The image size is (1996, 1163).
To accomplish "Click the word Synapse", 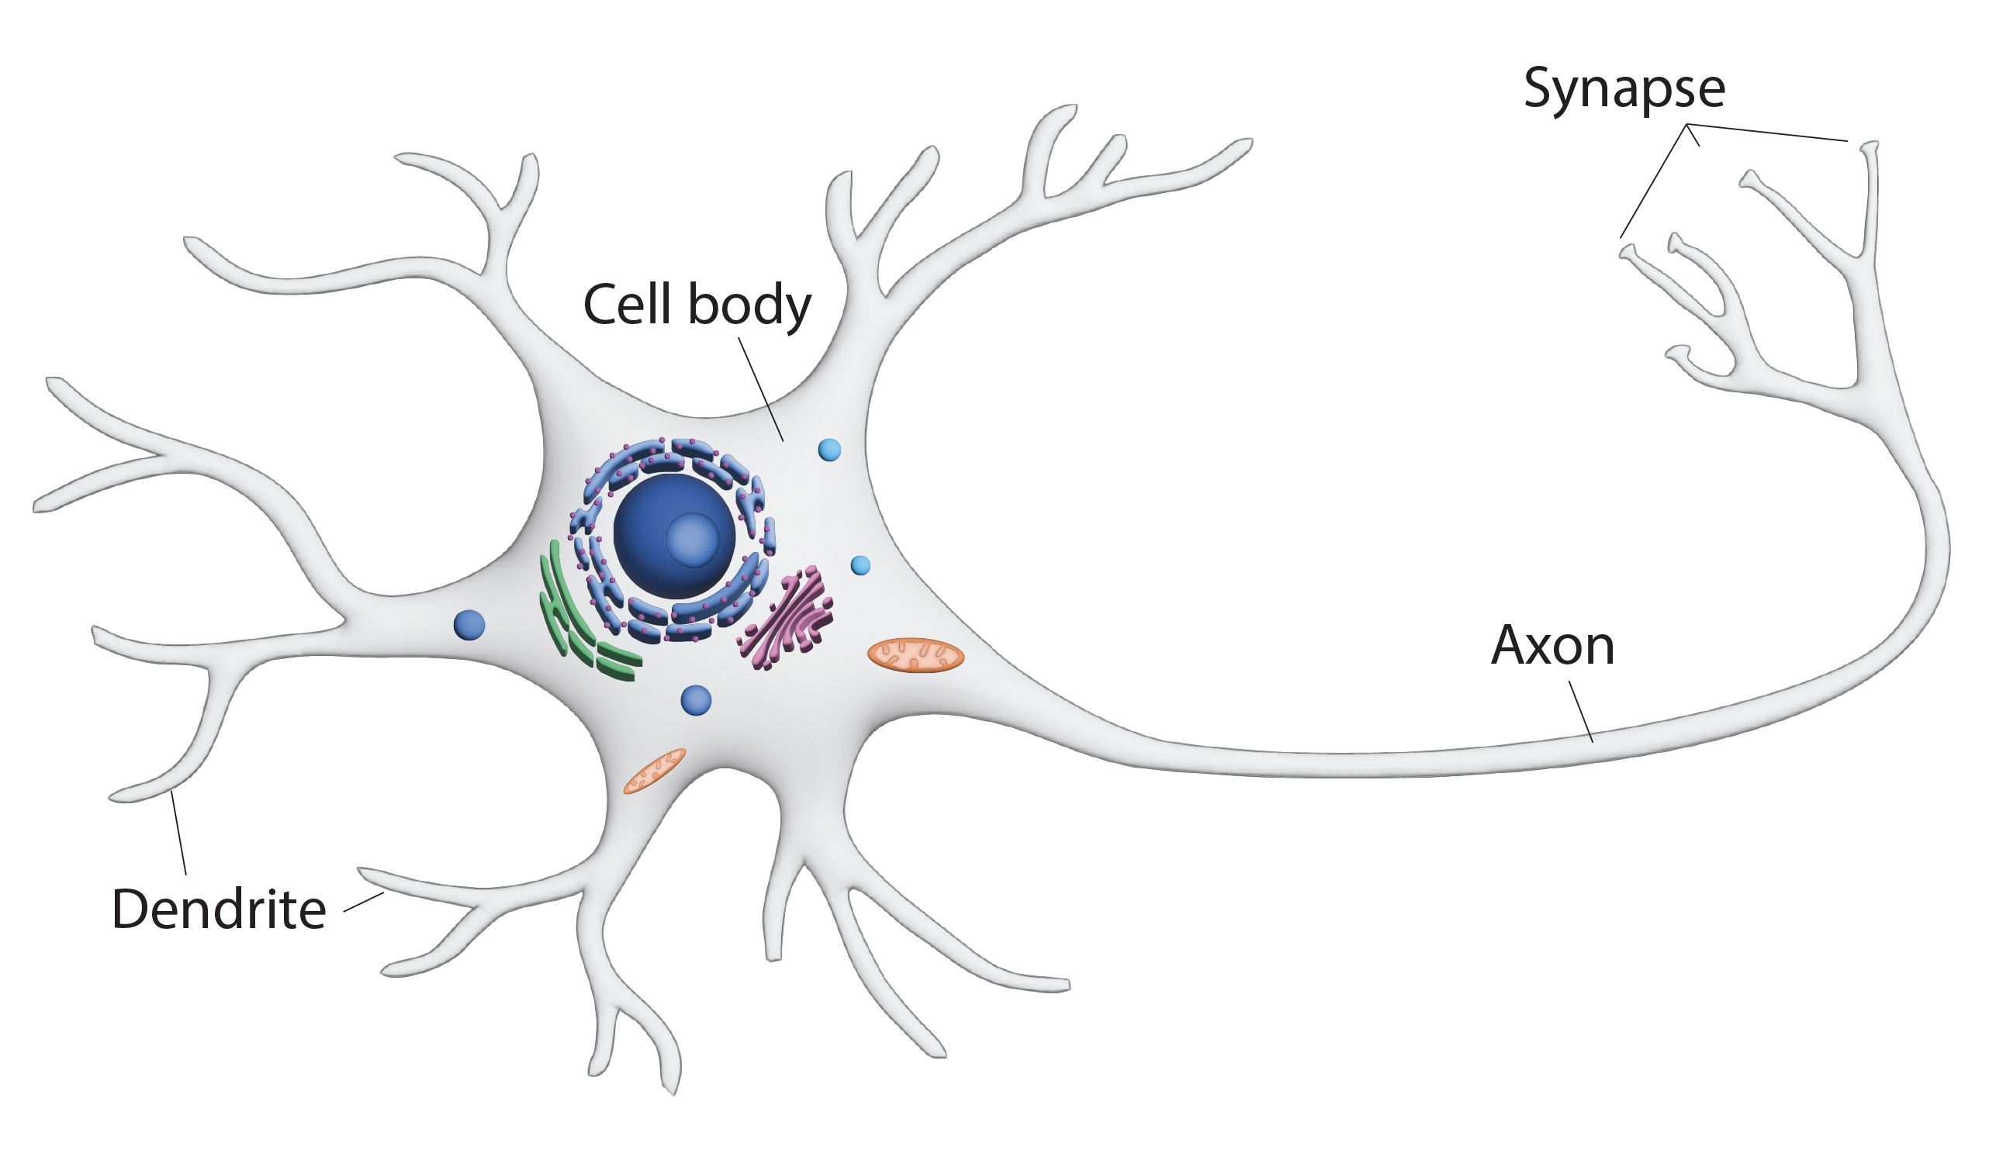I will [1623, 88].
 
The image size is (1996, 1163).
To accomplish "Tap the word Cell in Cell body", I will [627, 305].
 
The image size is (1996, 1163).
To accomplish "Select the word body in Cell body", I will [749, 306].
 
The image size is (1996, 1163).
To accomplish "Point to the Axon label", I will [1552, 646].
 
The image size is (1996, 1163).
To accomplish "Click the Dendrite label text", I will [219, 909].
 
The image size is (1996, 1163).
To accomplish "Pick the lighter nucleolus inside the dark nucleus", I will [692, 539].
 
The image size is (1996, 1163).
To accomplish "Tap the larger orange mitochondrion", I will [915, 655].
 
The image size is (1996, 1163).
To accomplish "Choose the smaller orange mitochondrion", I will [654, 771].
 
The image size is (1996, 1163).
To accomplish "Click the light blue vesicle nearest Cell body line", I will [829, 450].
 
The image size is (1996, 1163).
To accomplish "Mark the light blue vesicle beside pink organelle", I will [860, 565].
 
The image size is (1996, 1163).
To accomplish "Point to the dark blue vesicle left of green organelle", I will [469, 626].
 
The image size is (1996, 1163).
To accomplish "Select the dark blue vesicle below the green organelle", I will [695, 701].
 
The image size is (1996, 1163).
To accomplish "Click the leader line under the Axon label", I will [1581, 712].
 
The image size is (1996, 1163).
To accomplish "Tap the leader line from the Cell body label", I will [760, 388].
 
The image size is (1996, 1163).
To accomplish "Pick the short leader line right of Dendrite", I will [364, 902].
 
